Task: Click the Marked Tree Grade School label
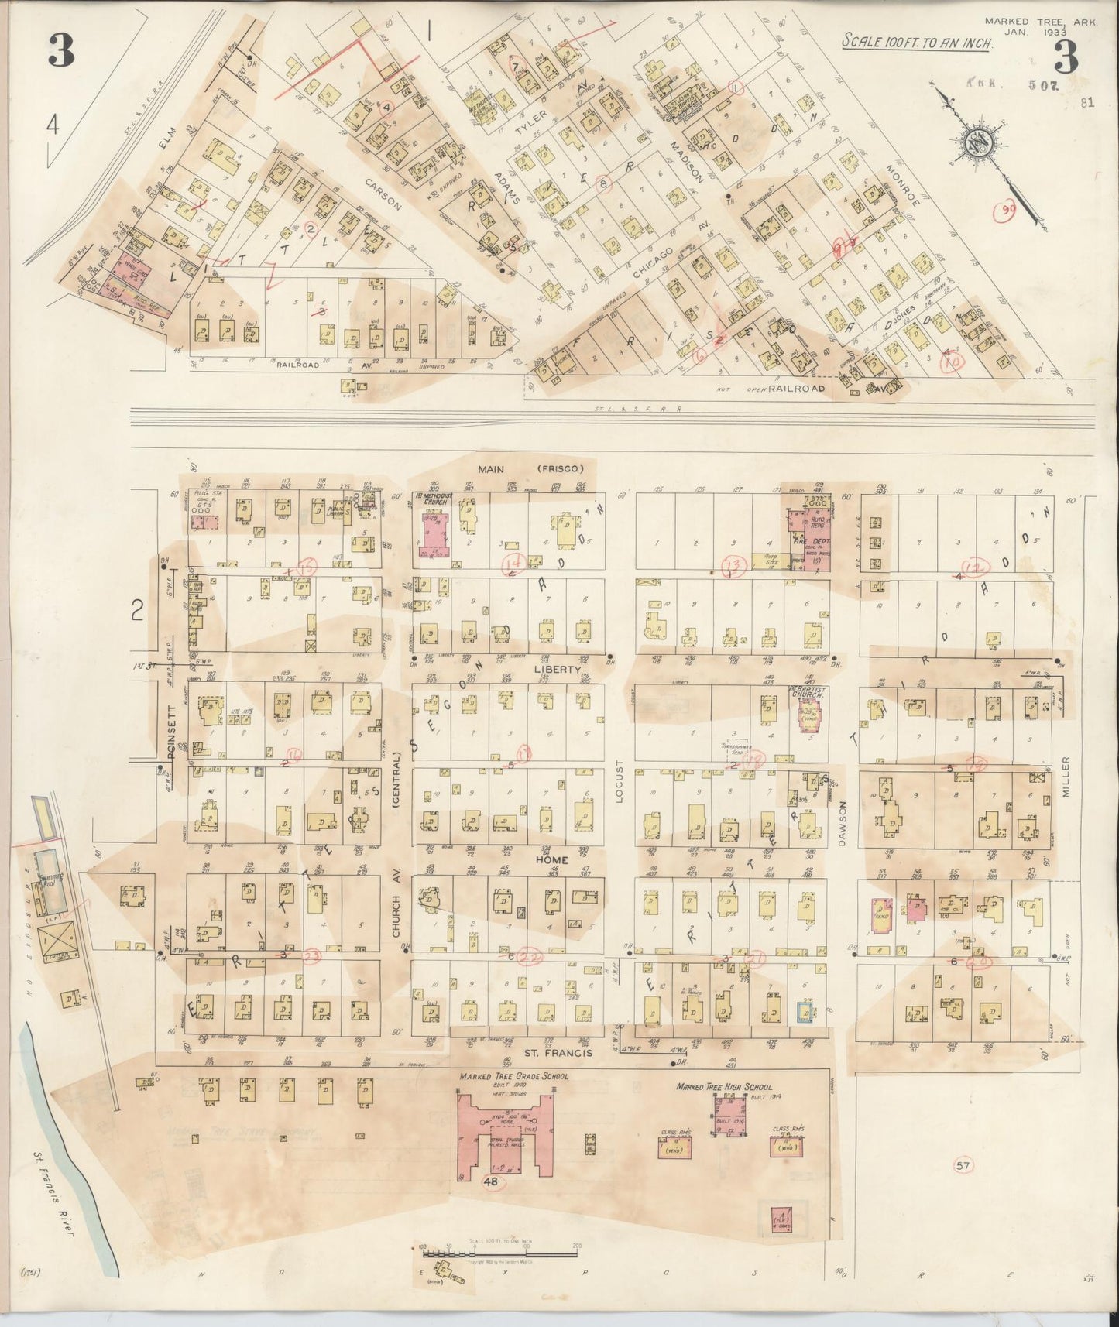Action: (513, 1076)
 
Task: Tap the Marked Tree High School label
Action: (724, 1086)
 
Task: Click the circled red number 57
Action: (963, 1164)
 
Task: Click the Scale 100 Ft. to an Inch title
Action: (917, 43)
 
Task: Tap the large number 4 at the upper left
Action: (53, 125)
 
